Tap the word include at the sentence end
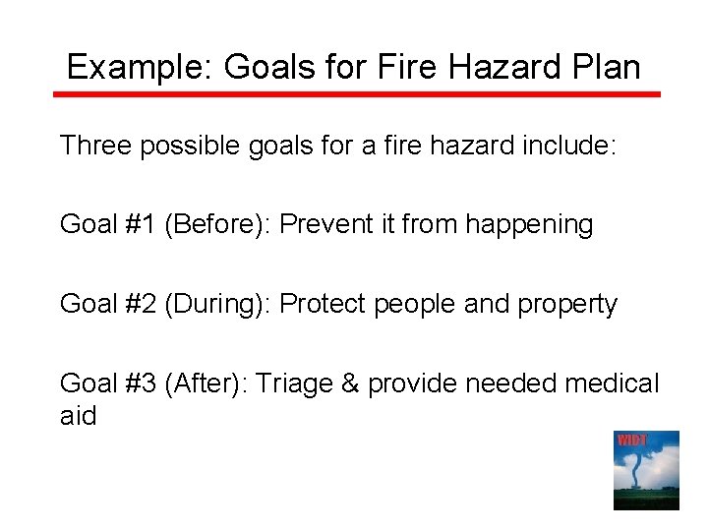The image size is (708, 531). point(560,146)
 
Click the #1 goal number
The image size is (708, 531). point(141,225)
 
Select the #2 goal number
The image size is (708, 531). point(141,305)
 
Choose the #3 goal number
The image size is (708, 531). point(141,383)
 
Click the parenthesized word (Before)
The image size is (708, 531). point(217,225)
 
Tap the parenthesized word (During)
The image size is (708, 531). point(217,305)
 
